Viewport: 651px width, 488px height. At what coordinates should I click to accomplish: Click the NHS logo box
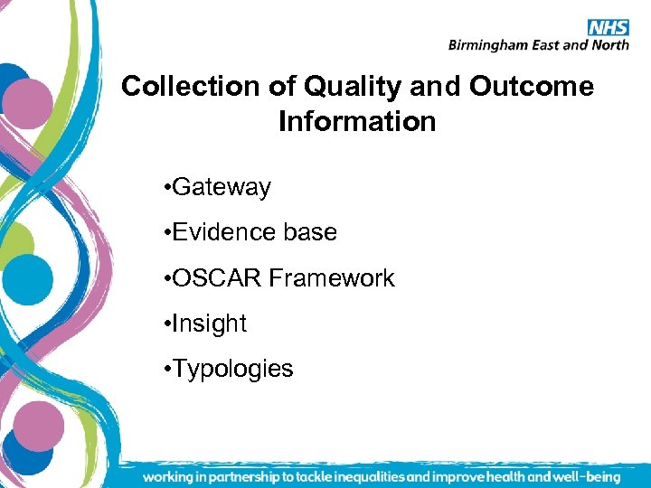point(608,27)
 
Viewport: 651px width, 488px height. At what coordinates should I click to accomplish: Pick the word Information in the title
point(357,121)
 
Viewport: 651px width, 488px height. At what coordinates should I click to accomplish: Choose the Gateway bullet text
point(221,187)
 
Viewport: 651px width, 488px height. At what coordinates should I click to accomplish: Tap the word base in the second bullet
point(309,232)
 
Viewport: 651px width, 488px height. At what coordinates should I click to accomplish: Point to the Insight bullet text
point(209,324)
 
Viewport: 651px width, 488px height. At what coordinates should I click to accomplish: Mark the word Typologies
point(232,369)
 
